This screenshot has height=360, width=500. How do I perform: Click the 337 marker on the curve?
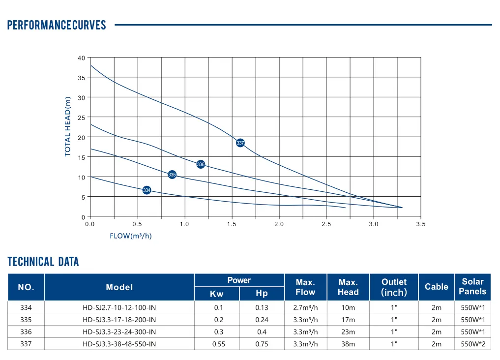point(240,143)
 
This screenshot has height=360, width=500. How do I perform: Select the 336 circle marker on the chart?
point(201,164)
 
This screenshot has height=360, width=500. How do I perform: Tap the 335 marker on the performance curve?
point(172,175)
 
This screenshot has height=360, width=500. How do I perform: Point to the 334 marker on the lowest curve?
point(147,190)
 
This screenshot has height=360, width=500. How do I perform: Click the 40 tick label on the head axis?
point(81,58)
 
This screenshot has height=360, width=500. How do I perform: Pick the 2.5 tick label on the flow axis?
point(326,224)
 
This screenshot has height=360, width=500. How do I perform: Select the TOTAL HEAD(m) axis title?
point(68,126)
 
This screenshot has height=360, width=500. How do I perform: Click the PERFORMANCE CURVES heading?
point(57,25)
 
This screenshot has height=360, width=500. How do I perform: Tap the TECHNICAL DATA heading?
point(43,262)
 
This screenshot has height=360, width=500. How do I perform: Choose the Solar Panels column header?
point(472,287)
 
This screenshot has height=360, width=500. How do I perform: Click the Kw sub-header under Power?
point(217,294)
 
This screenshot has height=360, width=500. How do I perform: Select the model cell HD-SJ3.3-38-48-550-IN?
point(119,344)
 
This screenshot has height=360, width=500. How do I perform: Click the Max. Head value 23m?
point(348,332)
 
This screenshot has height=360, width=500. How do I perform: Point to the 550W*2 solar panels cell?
point(473,344)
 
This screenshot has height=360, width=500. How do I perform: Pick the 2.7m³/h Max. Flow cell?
point(305,308)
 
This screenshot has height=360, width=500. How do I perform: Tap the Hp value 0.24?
point(262,320)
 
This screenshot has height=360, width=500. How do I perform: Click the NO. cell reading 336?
point(26,332)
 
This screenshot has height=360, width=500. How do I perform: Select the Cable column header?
point(437,287)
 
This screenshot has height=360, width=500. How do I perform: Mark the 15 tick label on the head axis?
point(81,157)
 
